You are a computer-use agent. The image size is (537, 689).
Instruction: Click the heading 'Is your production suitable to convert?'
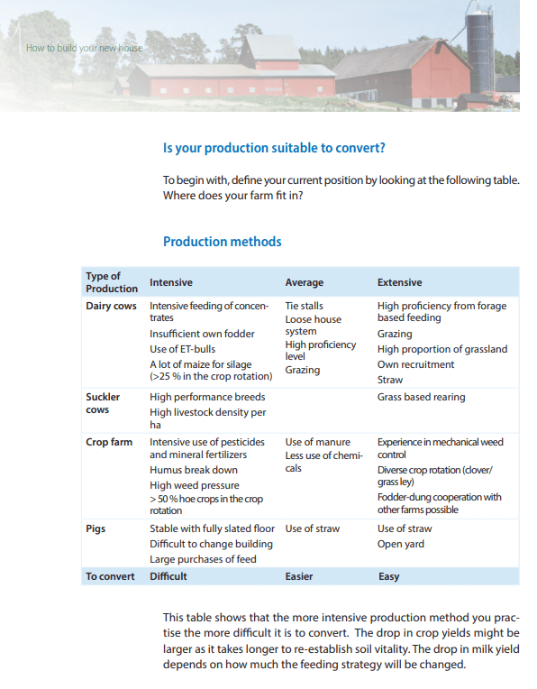280,148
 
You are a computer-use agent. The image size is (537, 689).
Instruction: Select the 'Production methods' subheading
222,242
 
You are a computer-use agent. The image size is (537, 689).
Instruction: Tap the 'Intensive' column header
170,282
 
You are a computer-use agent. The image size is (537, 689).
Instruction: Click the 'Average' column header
304,282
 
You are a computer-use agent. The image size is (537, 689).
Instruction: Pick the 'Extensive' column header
399,282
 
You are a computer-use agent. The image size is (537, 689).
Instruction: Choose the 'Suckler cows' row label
103,403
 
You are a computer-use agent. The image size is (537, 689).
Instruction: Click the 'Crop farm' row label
109,443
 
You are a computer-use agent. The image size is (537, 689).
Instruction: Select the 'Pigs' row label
96,529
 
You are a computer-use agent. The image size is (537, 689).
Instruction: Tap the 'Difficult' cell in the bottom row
168,576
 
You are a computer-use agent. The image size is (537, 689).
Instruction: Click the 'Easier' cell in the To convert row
300,576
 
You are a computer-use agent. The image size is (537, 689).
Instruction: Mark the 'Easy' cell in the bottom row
388,576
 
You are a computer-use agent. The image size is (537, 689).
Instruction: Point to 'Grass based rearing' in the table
422,397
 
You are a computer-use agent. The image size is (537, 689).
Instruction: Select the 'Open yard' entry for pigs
400,544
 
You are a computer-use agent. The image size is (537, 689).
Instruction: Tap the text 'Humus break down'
193,471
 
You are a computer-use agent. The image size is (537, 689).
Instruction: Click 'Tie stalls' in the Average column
304,307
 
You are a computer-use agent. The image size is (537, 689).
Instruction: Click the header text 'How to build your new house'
84,48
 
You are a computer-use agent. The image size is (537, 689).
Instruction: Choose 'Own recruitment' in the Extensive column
415,364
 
